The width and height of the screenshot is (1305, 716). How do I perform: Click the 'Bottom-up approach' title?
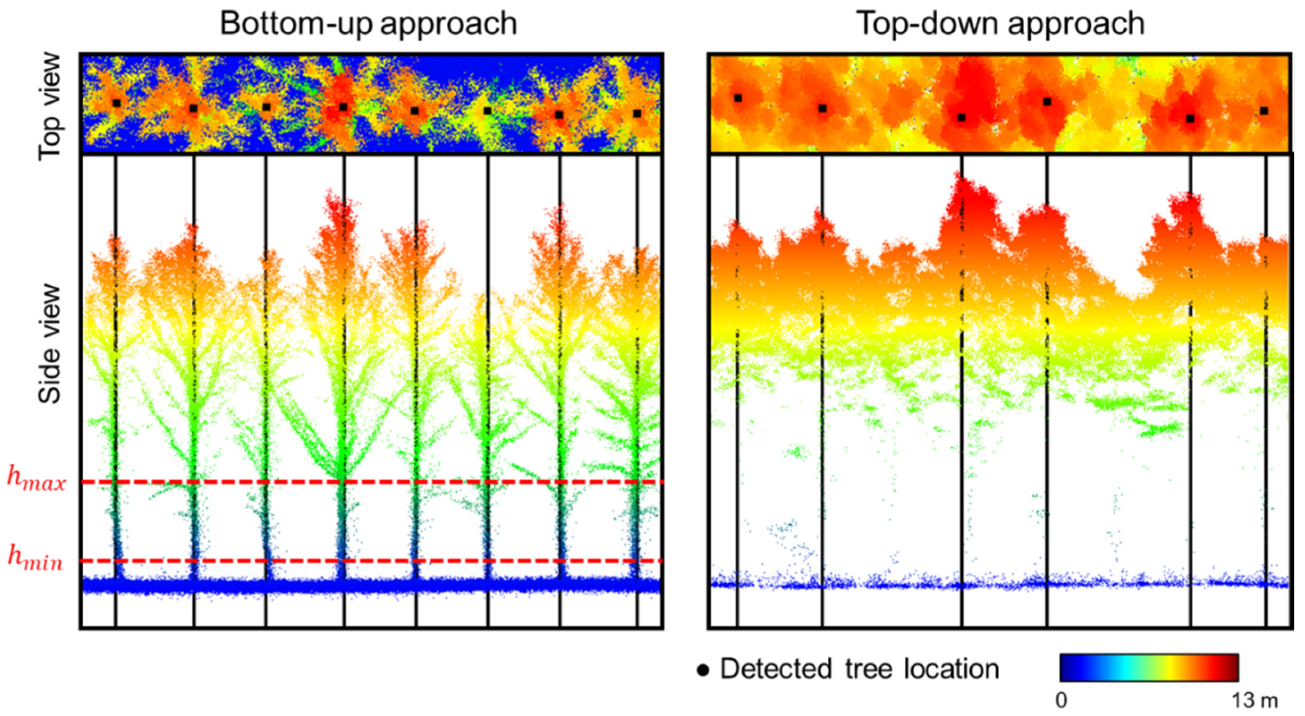(x=368, y=23)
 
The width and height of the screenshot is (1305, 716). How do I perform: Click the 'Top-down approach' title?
(x=1000, y=23)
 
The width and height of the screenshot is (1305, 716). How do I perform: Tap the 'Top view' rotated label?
(x=50, y=107)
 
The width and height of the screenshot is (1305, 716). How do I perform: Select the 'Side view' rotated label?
(x=50, y=344)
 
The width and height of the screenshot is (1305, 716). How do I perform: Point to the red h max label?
(x=36, y=480)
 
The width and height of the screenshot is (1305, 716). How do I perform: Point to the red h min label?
(x=36, y=559)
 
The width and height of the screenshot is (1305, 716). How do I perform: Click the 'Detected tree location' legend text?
(x=860, y=669)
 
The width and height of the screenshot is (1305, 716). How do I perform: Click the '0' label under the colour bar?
(x=1061, y=700)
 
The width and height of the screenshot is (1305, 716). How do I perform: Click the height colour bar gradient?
(x=1149, y=667)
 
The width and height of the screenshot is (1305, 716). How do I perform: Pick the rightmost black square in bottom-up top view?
(x=637, y=114)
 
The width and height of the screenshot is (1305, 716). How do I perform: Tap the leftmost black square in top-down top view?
(x=738, y=98)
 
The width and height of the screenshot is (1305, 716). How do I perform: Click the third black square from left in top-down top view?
(x=961, y=118)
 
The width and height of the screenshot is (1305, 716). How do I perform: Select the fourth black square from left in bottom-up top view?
(x=343, y=107)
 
